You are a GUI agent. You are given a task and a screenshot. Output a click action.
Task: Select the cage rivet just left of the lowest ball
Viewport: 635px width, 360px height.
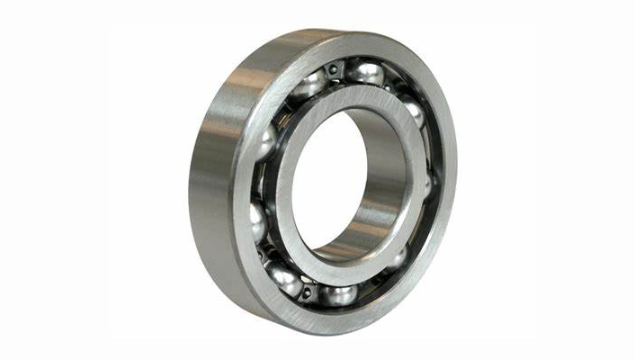[308, 290]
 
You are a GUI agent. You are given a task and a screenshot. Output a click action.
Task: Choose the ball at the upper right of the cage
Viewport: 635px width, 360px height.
[413, 110]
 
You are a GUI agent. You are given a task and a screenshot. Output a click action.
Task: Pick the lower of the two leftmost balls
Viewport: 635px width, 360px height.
[257, 220]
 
